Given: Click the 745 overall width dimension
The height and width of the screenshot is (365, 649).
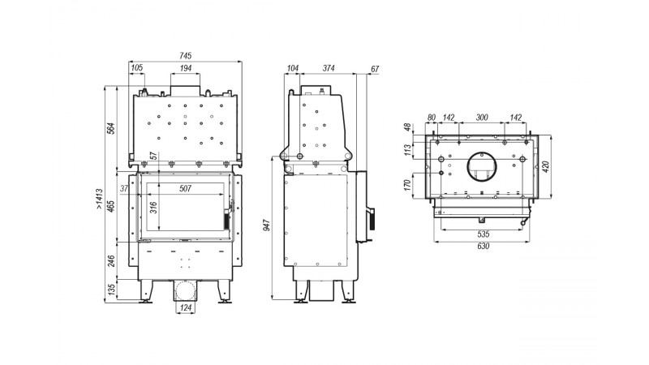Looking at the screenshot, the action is click(x=186, y=55).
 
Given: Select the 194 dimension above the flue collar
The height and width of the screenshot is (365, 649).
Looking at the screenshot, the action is click(x=186, y=68).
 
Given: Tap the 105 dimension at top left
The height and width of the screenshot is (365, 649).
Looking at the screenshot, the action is click(x=136, y=68).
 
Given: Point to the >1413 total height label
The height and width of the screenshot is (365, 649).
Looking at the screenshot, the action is click(x=99, y=199).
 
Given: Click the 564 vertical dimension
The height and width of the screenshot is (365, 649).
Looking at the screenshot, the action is click(x=111, y=128).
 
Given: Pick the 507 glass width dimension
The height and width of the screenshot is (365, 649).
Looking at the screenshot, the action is click(x=186, y=189).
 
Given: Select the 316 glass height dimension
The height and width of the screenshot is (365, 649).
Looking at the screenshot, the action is click(x=153, y=208).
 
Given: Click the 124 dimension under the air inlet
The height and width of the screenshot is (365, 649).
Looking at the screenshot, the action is click(x=186, y=308).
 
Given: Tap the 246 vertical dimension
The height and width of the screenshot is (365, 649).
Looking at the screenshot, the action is click(x=111, y=260).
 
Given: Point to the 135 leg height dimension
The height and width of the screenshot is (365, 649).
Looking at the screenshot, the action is click(x=111, y=290).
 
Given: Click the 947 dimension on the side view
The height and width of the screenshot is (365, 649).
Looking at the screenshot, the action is click(x=267, y=225).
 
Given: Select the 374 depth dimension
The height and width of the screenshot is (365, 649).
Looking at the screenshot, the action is click(x=329, y=68).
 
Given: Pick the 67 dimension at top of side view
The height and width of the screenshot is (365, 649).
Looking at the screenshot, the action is click(x=375, y=69).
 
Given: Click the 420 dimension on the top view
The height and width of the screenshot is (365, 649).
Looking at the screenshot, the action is click(x=545, y=167).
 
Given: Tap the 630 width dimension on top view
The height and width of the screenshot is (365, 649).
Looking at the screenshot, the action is click(x=483, y=247).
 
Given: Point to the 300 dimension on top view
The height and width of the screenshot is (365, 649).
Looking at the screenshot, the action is click(x=482, y=118).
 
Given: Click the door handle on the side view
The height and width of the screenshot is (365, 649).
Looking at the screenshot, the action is click(x=371, y=219).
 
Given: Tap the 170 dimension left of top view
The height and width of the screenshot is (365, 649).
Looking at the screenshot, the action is click(x=408, y=185).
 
